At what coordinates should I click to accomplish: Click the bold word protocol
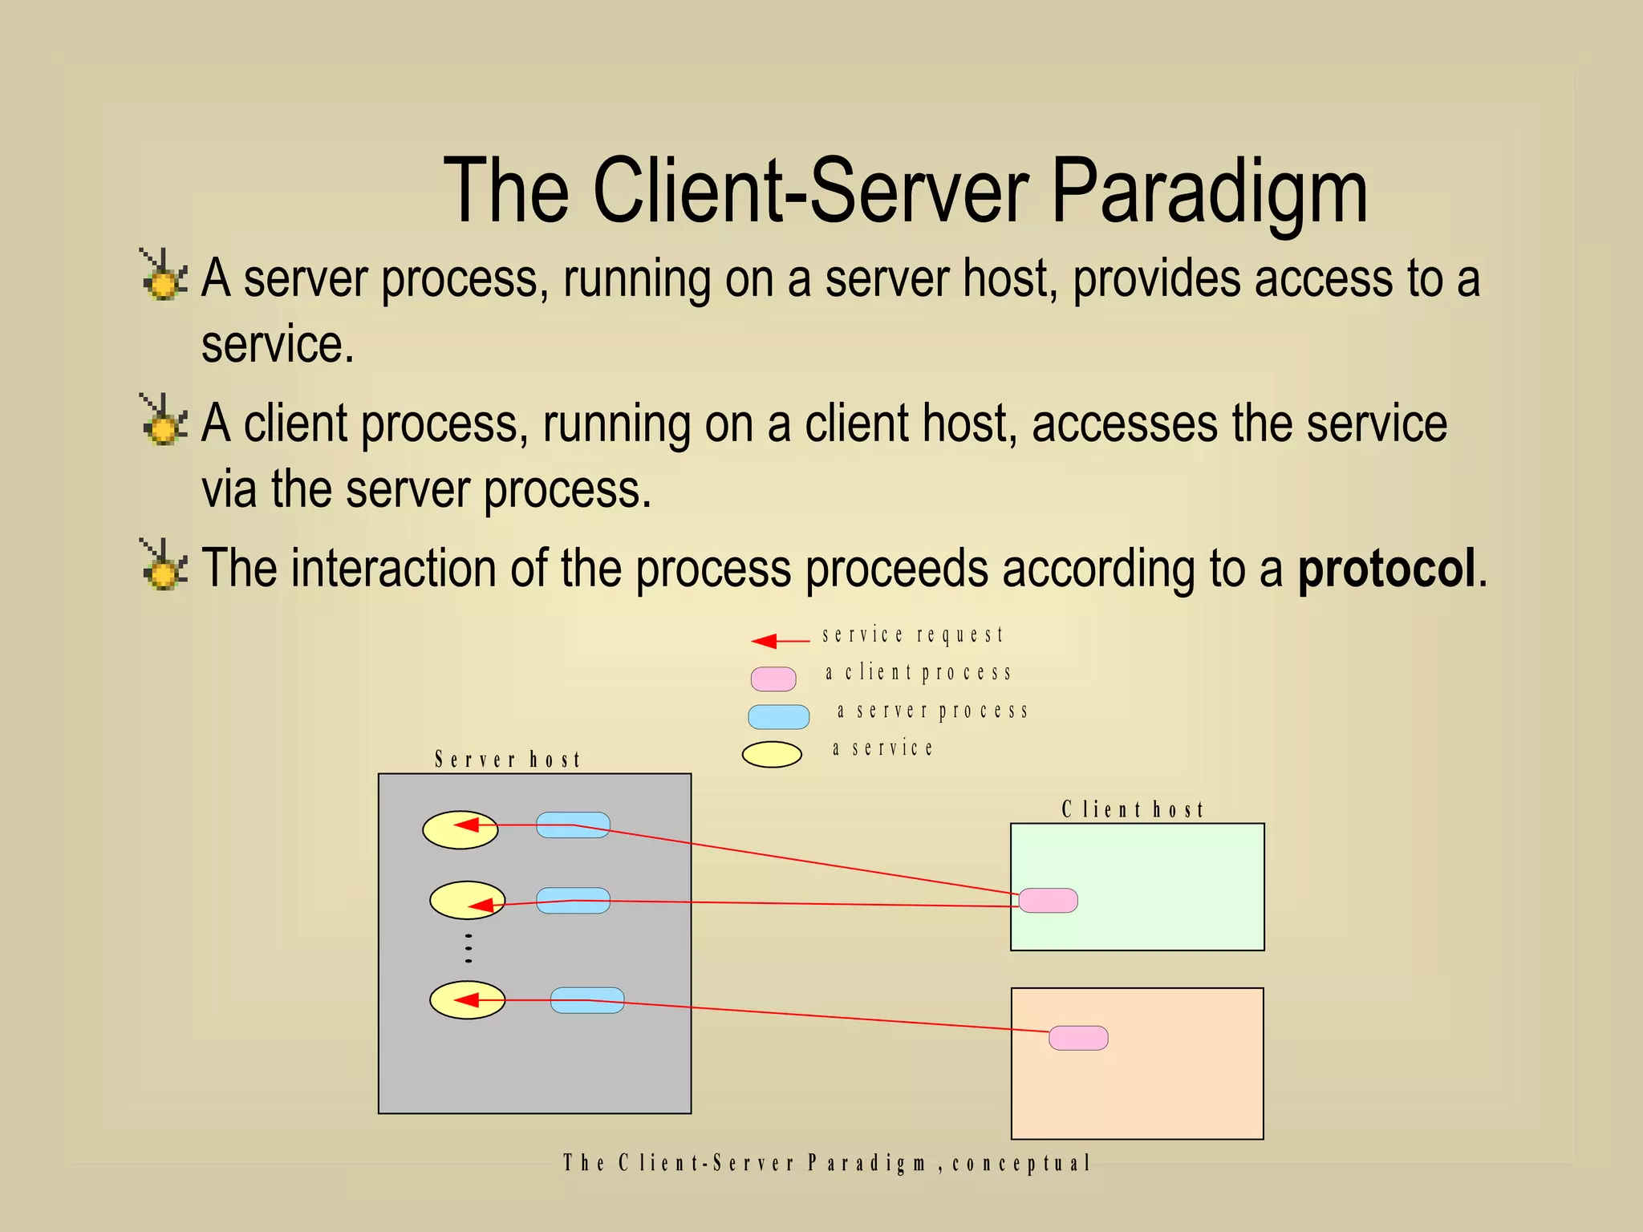1386,569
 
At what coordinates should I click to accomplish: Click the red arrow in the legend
780,641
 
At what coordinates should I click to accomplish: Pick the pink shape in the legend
773,679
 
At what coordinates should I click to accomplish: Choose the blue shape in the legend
778,716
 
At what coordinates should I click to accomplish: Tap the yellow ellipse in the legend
772,754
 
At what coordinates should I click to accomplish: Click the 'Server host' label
508,760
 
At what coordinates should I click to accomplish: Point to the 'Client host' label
1133,809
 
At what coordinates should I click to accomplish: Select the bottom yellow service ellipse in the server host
467,1000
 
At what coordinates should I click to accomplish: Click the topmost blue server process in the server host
573,825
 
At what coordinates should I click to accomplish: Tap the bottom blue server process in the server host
587,1000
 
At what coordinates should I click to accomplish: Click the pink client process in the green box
1048,900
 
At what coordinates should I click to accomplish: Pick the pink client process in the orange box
1078,1038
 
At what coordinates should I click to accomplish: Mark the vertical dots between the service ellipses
469,948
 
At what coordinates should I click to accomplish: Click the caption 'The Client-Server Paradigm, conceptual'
826,1163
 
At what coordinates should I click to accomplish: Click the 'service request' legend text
912,635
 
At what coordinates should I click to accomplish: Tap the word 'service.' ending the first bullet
278,345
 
